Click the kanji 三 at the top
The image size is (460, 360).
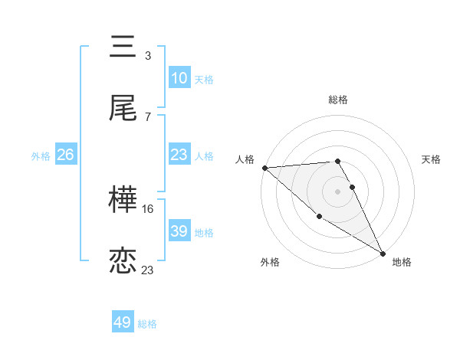point(123,47)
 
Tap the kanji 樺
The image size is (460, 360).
point(123,201)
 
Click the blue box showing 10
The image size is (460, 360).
point(179,78)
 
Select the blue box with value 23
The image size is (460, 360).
point(179,155)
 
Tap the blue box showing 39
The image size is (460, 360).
point(179,231)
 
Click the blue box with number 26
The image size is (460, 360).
point(66,155)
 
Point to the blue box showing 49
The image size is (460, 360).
point(123,322)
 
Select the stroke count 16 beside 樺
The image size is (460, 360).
point(148,208)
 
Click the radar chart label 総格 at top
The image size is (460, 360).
point(338,100)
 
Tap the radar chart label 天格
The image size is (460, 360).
point(432,159)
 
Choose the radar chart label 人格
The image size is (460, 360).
point(245,159)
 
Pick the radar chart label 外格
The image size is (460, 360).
point(270,262)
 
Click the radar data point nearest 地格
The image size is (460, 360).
point(383,253)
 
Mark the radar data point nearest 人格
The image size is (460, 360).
point(264,168)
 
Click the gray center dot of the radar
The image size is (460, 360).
point(338,191)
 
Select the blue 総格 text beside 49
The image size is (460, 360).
point(147,324)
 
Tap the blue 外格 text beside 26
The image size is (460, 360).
point(41,156)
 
